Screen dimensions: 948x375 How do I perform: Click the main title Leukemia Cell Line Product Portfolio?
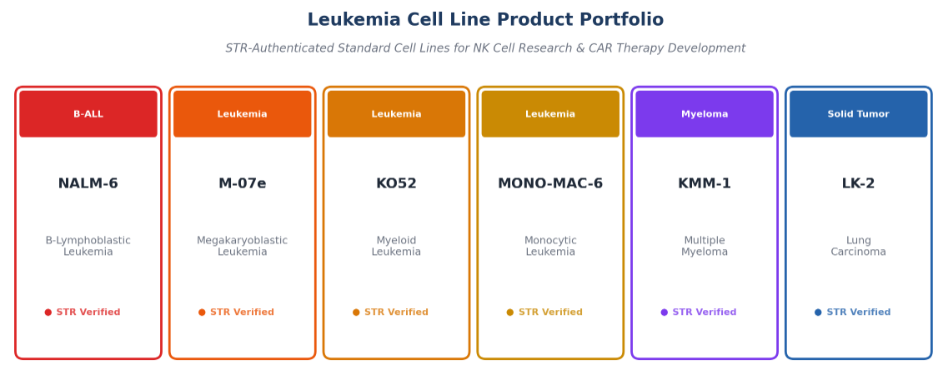click(x=485, y=20)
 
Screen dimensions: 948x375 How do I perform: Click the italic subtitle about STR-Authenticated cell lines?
click(x=485, y=48)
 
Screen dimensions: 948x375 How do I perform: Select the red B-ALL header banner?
click(x=88, y=114)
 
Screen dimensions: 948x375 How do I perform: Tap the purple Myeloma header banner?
click(x=705, y=114)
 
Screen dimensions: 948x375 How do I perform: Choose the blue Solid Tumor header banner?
click(x=859, y=114)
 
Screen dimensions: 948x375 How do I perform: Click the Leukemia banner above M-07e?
click(x=243, y=114)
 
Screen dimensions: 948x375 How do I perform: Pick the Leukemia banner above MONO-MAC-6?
click(x=550, y=114)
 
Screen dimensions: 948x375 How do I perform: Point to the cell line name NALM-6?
click(x=88, y=183)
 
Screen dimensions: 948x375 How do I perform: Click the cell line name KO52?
click(x=397, y=183)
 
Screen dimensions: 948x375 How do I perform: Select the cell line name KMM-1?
click(x=705, y=183)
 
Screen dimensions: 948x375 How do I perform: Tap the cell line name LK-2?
click(x=859, y=183)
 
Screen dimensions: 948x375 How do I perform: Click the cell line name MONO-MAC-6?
click(x=550, y=183)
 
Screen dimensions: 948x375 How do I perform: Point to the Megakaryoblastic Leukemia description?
click(x=243, y=247)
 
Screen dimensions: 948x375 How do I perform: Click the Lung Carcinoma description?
click(x=859, y=247)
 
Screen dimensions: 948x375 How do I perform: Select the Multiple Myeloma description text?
click(x=705, y=247)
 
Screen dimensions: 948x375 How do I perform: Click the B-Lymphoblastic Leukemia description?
click(x=88, y=247)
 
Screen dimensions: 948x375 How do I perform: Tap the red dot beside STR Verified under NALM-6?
click(x=48, y=312)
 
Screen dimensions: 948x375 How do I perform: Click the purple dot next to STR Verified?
click(x=665, y=312)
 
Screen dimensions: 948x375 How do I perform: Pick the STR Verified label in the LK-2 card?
click(x=859, y=312)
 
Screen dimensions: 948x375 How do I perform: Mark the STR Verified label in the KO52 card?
click(x=397, y=312)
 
